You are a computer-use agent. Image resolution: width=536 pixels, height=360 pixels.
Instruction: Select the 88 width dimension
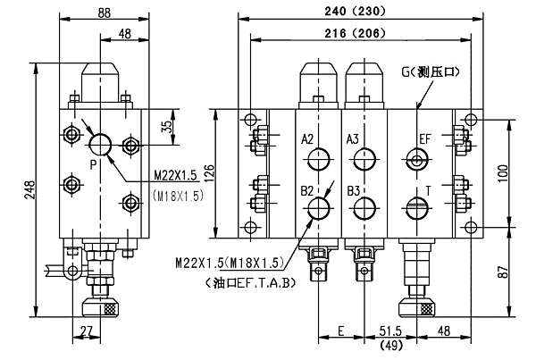[x=105, y=12]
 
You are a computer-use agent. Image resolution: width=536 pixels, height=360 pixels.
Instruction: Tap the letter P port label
[x=92, y=163]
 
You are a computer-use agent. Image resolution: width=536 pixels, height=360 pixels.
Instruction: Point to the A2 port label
[x=307, y=139]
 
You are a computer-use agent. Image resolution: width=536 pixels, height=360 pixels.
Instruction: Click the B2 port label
[x=307, y=190]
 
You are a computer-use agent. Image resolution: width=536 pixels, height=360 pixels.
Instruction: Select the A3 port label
[x=353, y=139]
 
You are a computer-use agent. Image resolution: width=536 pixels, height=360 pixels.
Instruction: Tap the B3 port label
[x=353, y=190]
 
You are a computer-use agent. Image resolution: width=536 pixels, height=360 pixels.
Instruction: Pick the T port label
[x=429, y=190]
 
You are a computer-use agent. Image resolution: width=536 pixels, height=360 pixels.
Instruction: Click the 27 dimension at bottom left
[x=85, y=331]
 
